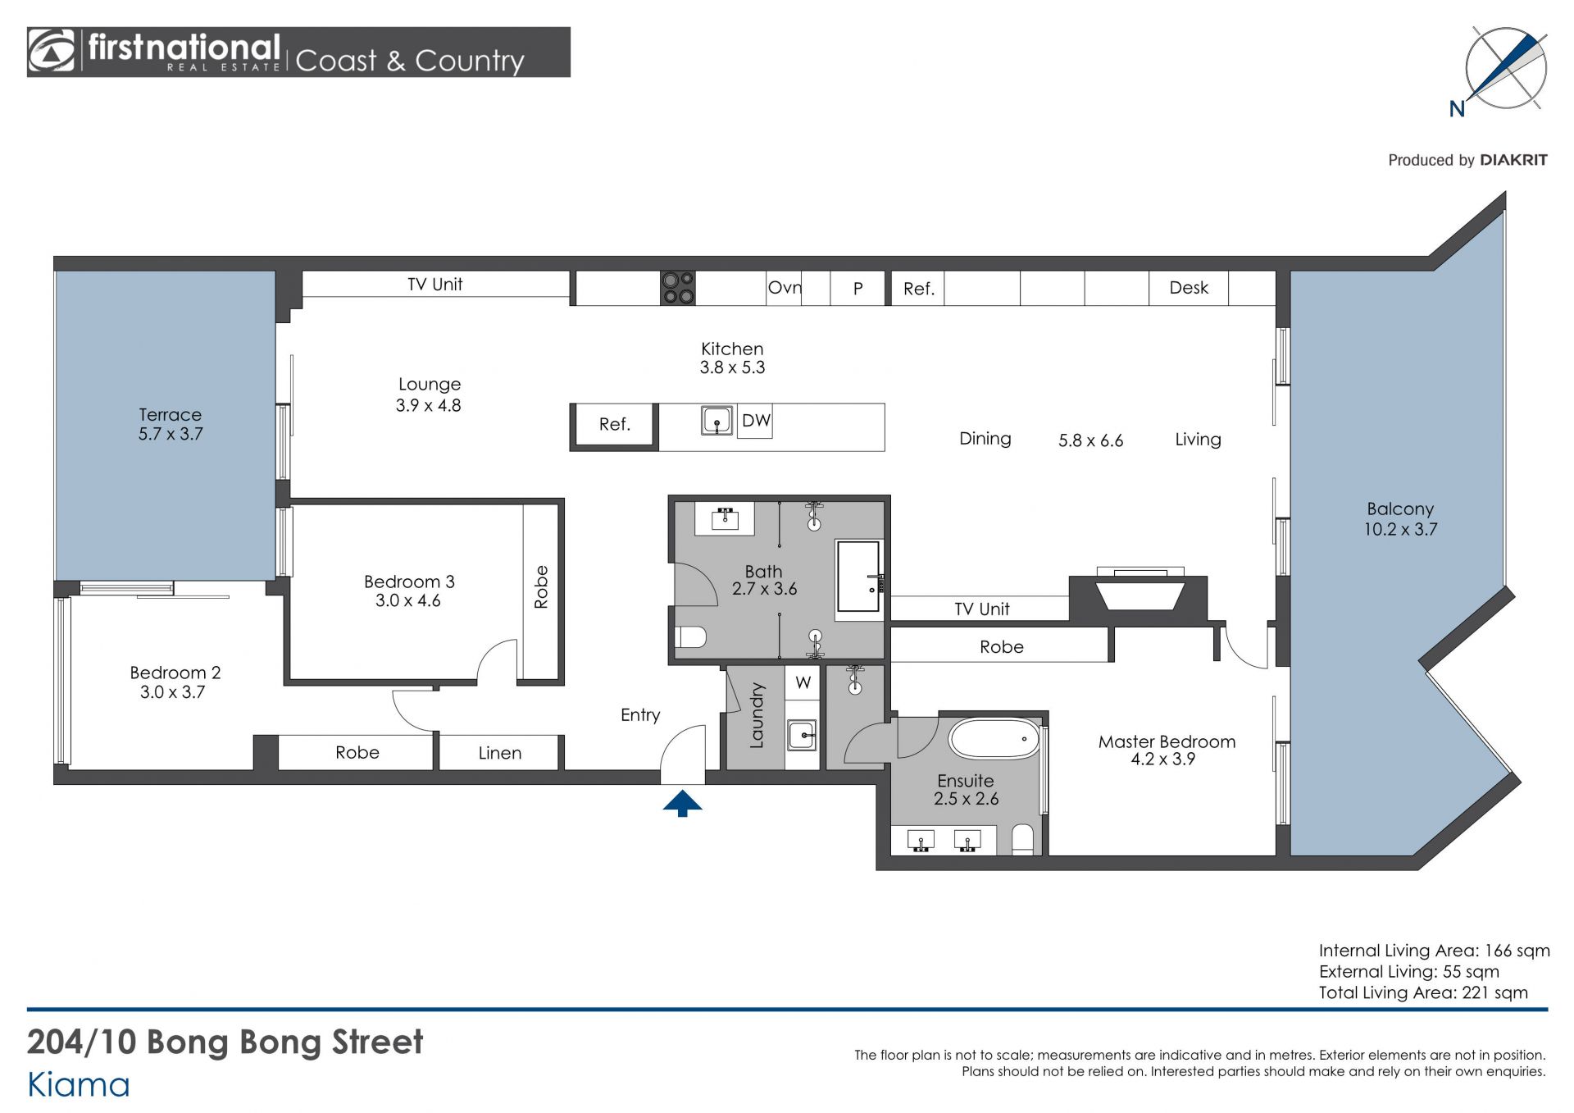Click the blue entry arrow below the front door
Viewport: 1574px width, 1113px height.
(682, 803)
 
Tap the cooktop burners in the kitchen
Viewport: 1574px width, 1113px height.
(678, 288)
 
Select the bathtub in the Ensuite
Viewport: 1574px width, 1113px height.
(994, 739)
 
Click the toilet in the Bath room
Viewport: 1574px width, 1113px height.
(690, 636)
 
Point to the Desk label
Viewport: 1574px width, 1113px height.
(1189, 288)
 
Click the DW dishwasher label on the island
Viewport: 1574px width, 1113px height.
(756, 421)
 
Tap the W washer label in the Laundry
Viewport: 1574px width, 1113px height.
(803, 682)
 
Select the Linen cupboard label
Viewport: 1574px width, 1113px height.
(499, 753)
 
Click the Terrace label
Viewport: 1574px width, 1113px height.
(170, 415)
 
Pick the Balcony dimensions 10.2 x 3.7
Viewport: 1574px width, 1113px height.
(1400, 530)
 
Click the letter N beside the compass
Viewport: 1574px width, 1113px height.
(1457, 109)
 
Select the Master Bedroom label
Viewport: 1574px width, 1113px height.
(1167, 741)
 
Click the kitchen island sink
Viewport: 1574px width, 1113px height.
(716, 421)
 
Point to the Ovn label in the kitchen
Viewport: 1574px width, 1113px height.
(785, 288)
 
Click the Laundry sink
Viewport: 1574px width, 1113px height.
(802, 735)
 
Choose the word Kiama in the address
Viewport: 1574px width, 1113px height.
(79, 1085)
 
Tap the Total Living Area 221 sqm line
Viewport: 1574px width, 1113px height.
(1423, 992)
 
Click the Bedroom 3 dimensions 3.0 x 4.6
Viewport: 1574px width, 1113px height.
(407, 601)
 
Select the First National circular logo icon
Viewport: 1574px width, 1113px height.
(52, 51)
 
